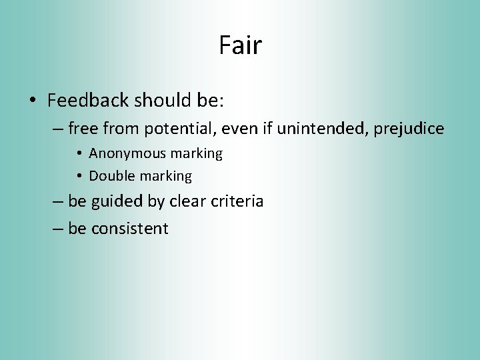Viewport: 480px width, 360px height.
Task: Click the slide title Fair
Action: [240, 45]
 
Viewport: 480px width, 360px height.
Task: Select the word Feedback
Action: [88, 101]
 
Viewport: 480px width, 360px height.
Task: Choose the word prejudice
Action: [409, 129]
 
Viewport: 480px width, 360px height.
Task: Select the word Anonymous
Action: [127, 153]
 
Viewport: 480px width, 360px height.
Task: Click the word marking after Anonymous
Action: [196, 154]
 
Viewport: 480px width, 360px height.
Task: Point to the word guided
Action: [115, 201]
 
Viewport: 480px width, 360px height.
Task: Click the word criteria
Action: [239, 201]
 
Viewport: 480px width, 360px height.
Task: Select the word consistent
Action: [129, 229]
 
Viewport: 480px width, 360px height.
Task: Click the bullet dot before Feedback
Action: [32, 101]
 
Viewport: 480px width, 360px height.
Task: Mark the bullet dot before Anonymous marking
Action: [79, 154]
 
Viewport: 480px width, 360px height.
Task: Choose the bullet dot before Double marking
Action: [79, 177]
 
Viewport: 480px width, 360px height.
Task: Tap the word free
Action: [82, 129]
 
